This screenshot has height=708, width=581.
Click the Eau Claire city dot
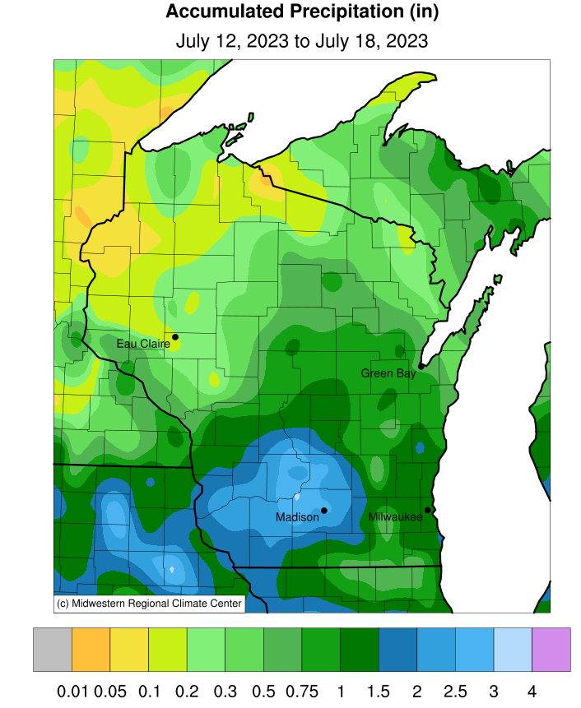coord(174,336)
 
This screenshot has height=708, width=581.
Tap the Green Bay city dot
coord(421,366)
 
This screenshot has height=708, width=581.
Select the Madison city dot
coord(324,510)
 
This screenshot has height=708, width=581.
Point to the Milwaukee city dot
coord(427,510)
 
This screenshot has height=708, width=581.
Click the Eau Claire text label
coord(142,344)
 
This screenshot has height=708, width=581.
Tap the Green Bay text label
coord(388,373)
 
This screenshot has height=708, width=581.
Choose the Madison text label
coord(297,517)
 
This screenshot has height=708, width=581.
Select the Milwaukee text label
coord(395,517)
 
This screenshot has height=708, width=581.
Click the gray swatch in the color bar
coord(53,650)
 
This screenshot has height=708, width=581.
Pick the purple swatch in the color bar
coord(551,650)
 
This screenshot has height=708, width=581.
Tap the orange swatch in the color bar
coord(91,650)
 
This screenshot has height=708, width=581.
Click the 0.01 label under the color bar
coord(72,688)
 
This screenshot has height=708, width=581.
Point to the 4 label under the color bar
coord(532,688)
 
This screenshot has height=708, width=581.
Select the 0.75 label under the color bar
coord(301,688)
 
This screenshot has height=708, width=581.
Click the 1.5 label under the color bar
coord(378,688)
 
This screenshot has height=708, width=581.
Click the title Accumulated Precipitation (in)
coord(302,12)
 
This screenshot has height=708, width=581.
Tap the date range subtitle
coord(302,40)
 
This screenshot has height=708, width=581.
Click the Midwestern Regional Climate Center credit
coord(149,604)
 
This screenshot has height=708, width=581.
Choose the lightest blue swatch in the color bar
coord(512,650)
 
